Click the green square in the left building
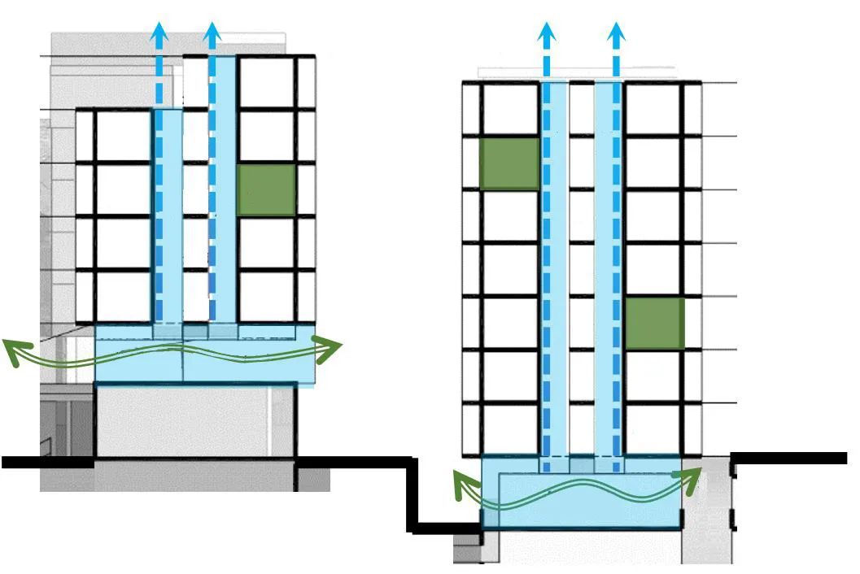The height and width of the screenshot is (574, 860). pyautogui.click(x=265, y=190)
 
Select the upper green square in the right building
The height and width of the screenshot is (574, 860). pyautogui.click(x=510, y=163)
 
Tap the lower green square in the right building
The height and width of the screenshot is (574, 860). pyautogui.click(x=655, y=323)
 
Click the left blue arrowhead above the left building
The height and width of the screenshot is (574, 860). pyautogui.click(x=159, y=33)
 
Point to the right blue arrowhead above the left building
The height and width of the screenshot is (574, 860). pyautogui.click(x=212, y=33)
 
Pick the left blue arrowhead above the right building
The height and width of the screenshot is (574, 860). pyautogui.click(x=547, y=33)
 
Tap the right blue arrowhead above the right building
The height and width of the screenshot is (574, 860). pyautogui.click(x=617, y=33)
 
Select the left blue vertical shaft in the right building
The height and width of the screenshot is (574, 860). pyautogui.click(x=555, y=268)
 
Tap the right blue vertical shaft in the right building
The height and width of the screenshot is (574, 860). pyautogui.click(x=608, y=268)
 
